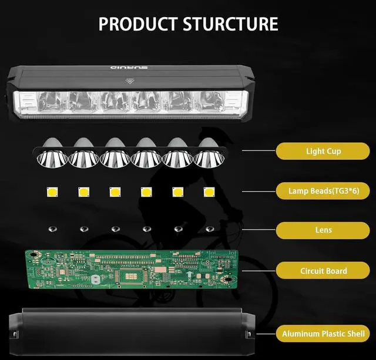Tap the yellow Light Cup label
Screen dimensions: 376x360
pos(323,151)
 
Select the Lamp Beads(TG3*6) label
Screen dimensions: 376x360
pos(323,191)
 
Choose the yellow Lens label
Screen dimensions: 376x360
pos(323,230)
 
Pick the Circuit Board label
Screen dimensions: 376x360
pos(323,271)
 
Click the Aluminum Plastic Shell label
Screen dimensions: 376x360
pos(323,334)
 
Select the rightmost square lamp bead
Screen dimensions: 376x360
pos(209,191)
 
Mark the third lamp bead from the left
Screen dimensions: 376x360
pos(114,191)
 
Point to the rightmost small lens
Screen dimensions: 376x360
pos(209,228)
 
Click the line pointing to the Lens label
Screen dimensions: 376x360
pos(258,230)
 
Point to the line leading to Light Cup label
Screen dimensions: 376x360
pos(258,151)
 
